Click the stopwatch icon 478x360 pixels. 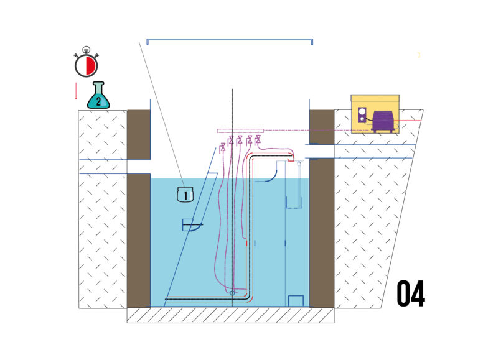coord(87,62)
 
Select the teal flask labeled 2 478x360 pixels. coord(98,95)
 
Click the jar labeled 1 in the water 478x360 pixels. coord(185,195)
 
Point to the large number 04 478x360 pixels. coord(411,294)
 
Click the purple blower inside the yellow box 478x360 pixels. coord(383,121)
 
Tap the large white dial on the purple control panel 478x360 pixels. coord(362,111)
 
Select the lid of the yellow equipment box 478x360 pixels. coord(375,98)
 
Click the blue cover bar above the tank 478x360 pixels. coord(230,40)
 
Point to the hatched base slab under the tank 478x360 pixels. coord(230,315)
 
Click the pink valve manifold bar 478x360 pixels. coord(240,131)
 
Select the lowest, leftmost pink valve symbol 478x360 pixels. coord(223,147)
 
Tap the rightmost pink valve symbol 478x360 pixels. coord(258,140)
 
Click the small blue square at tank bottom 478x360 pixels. coord(296,300)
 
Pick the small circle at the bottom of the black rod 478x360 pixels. coord(232,293)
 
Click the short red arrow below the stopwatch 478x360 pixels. coord(76,91)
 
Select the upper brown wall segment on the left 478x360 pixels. coord(139,135)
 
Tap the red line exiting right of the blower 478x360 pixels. coord(408,121)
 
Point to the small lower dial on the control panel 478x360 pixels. coord(362,119)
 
